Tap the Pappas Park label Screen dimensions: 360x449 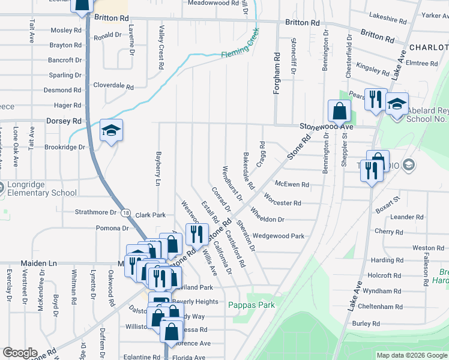[252, 305]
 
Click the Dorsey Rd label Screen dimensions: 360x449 [64, 121]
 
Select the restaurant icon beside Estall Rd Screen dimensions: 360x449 [196, 235]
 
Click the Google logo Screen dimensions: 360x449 [19, 353]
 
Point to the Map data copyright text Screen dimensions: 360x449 [411, 355]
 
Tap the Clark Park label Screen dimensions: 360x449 [150, 214]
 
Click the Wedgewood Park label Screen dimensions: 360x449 [278, 236]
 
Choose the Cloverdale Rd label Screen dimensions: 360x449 [113, 86]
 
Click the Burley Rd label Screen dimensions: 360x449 [366, 323]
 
